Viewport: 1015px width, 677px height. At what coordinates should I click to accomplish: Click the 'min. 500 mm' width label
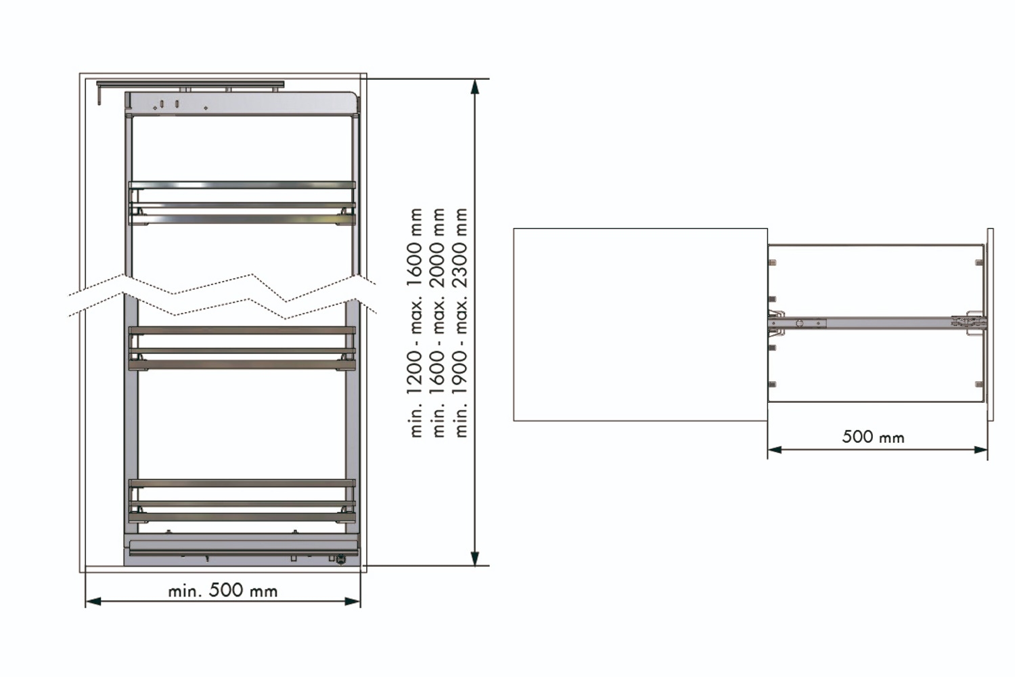pyautogui.click(x=223, y=590)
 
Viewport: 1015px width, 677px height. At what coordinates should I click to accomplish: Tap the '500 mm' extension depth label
pyautogui.click(x=873, y=437)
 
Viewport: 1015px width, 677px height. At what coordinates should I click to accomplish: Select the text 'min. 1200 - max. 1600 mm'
pyautogui.click(x=415, y=322)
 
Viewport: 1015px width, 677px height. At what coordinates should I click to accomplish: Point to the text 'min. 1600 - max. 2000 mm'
pyautogui.click(x=438, y=322)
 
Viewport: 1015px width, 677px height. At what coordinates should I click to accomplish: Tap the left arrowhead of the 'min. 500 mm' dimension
pyautogui.click(x=94, y=601)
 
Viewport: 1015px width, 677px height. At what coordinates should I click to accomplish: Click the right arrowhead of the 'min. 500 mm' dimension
pyautogui.click(x=352, y=601)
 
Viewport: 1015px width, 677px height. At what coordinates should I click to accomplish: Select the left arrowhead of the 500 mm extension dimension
pyautogui.click(x=775, y=450)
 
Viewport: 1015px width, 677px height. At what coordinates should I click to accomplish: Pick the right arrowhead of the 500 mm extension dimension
pyautogui.click(x=980, y=450)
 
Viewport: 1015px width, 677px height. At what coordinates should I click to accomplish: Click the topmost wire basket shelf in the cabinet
pyautogui.click(x=242, y=203)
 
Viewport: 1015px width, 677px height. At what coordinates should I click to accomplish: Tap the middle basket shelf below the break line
pyautogui.click(x=242, y=349)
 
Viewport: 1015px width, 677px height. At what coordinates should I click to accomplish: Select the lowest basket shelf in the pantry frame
pyautogui.click(x=242, y=501)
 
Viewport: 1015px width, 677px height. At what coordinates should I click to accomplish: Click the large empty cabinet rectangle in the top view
pyautogui.click(x=640, y=324)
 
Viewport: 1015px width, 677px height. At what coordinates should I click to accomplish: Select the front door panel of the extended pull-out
pyautogui.click(x=990, y=324)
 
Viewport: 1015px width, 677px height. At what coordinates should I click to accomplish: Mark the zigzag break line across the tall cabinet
pyautogui.click(x=223, y=297)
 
